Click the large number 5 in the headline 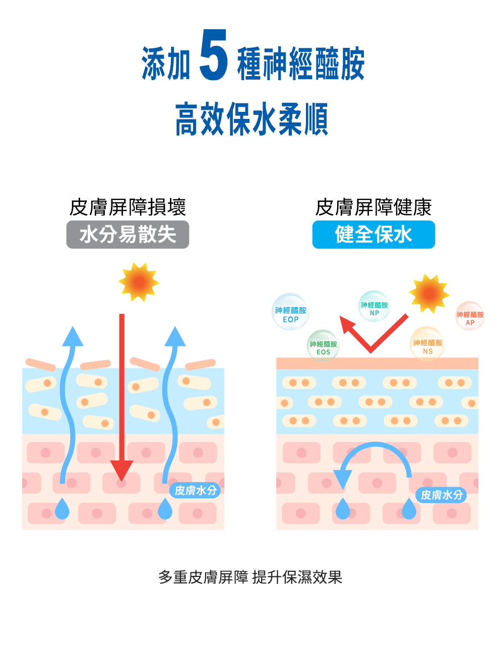coord(213,54)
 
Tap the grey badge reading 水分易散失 coord(128,234)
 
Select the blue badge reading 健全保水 coord(373,234)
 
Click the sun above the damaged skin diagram coord(139,282)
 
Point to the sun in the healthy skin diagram coord(429,293)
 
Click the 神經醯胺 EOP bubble coord(290,312)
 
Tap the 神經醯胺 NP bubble coord(374,306)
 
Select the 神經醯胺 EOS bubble coord(323,345)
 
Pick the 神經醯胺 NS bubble coord(427,344)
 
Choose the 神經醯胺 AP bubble coord(470,316)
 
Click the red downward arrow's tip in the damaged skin coord(121,481)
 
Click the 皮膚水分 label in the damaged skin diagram coord(196,491)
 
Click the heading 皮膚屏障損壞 coord(128,207)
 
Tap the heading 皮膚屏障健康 coord(373,207)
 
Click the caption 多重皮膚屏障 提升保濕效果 coord(250,577)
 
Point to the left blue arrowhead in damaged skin coord(73,336)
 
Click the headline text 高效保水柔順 coord(251,118)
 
